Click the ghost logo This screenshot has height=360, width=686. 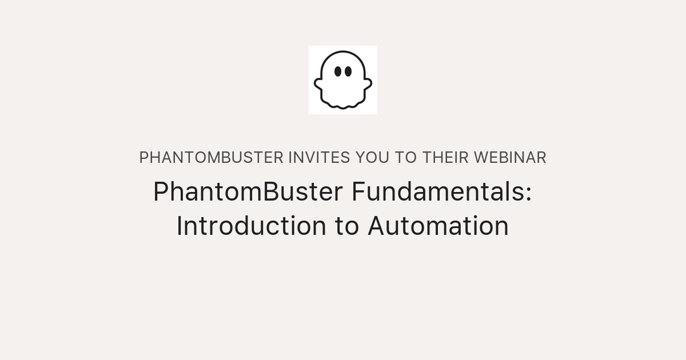[343, 80]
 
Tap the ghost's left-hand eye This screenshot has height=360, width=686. [338, 71]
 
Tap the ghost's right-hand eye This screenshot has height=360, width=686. [348, 71]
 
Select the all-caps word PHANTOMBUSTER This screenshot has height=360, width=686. [211, 158]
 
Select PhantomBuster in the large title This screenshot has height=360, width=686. [248, 192]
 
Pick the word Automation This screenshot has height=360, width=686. [438, 226]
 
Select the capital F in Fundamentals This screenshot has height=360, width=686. [357, 192]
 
